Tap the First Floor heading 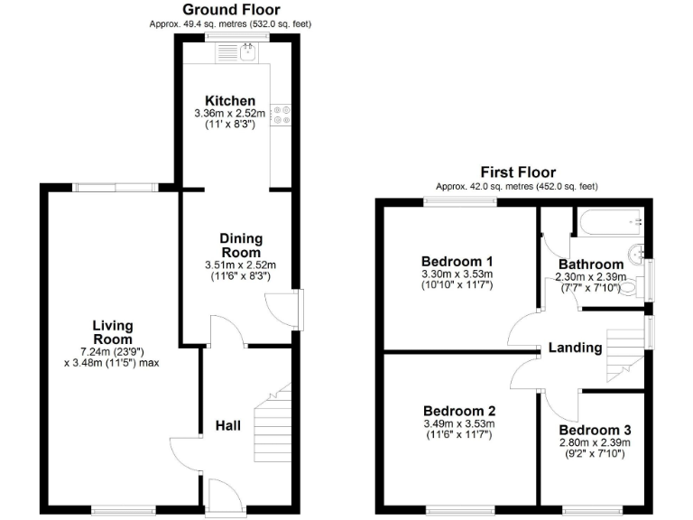click(x=517, y=172)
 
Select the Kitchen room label click(x=229, y=100)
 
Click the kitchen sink click(x=237, y=52)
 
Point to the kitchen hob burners click(x=281, y=114)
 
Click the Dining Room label click(x=240, y=246)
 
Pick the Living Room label click(x=112, y=332)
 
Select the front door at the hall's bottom click(x=221, y=497)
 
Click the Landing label click(x=575, y=348)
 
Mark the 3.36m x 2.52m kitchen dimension click(x=229, y=113)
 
